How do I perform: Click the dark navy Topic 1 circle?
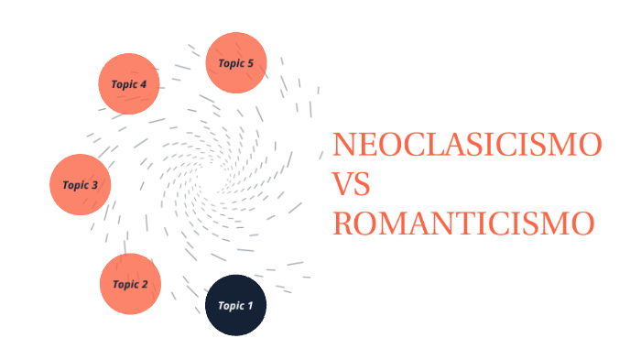click(234, 305)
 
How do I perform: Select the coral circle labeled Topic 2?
click(130, 284)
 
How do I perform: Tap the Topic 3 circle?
click(81, 185)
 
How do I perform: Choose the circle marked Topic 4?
click(129, 84)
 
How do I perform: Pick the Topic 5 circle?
click(236, 63)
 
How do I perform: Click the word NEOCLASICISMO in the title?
click(467, 146)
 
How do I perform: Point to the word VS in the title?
click(351, 185)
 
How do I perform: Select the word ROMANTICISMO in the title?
click(463, 224)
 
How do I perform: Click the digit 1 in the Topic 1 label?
click(250, 306)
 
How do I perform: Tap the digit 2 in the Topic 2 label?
click(145, 284)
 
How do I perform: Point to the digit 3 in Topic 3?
click(95, 185)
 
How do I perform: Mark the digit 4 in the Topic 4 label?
click(144, 84)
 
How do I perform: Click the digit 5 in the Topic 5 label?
click(251, 63)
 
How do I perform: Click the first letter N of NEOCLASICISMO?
click(342, 146)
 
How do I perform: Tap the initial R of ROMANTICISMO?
click(342, 224)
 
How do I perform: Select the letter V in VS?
click(342, 185)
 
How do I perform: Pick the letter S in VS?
click(362, 185)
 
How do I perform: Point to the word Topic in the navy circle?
click(228, 306)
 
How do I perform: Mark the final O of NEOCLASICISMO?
click(591, 146)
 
